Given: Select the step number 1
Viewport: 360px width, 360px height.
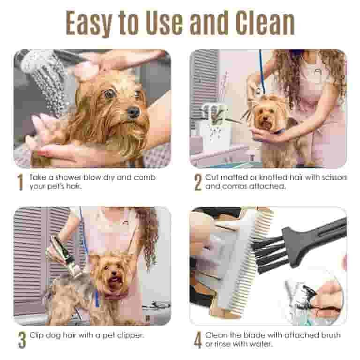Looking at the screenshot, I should pos(20,183).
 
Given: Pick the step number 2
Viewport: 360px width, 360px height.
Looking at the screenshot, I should pos(197,183).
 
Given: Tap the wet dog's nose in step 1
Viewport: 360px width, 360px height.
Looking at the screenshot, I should pos(133,112).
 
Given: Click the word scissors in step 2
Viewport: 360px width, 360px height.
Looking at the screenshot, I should pos(326,178).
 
